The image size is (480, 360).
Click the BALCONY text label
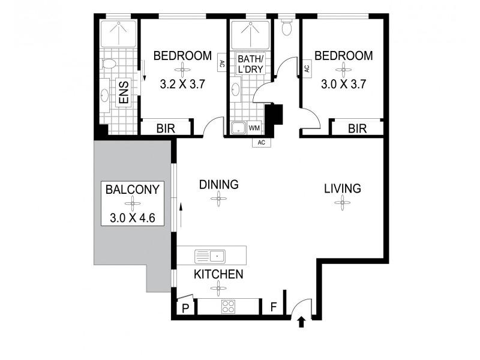tap(133, 190)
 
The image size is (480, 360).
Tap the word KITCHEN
tap(218, 274)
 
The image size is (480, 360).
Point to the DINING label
tap(219, 184)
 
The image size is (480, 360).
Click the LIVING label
tap(343, 188)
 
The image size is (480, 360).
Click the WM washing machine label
tap(254, 128)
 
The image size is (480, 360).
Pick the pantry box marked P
tap(185, 308)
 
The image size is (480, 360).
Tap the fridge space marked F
tap(273, 308)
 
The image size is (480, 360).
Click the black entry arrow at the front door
tap(301, 323)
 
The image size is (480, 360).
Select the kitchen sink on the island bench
tap(209, 256)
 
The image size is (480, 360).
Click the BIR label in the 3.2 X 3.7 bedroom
tap(166, 128)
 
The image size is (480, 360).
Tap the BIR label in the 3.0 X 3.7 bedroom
tap(357, 128)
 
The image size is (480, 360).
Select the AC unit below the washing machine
tap(262, 143)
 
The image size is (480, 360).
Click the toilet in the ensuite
tap(107, 62)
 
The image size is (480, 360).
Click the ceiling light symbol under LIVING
tap(343, 203)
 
